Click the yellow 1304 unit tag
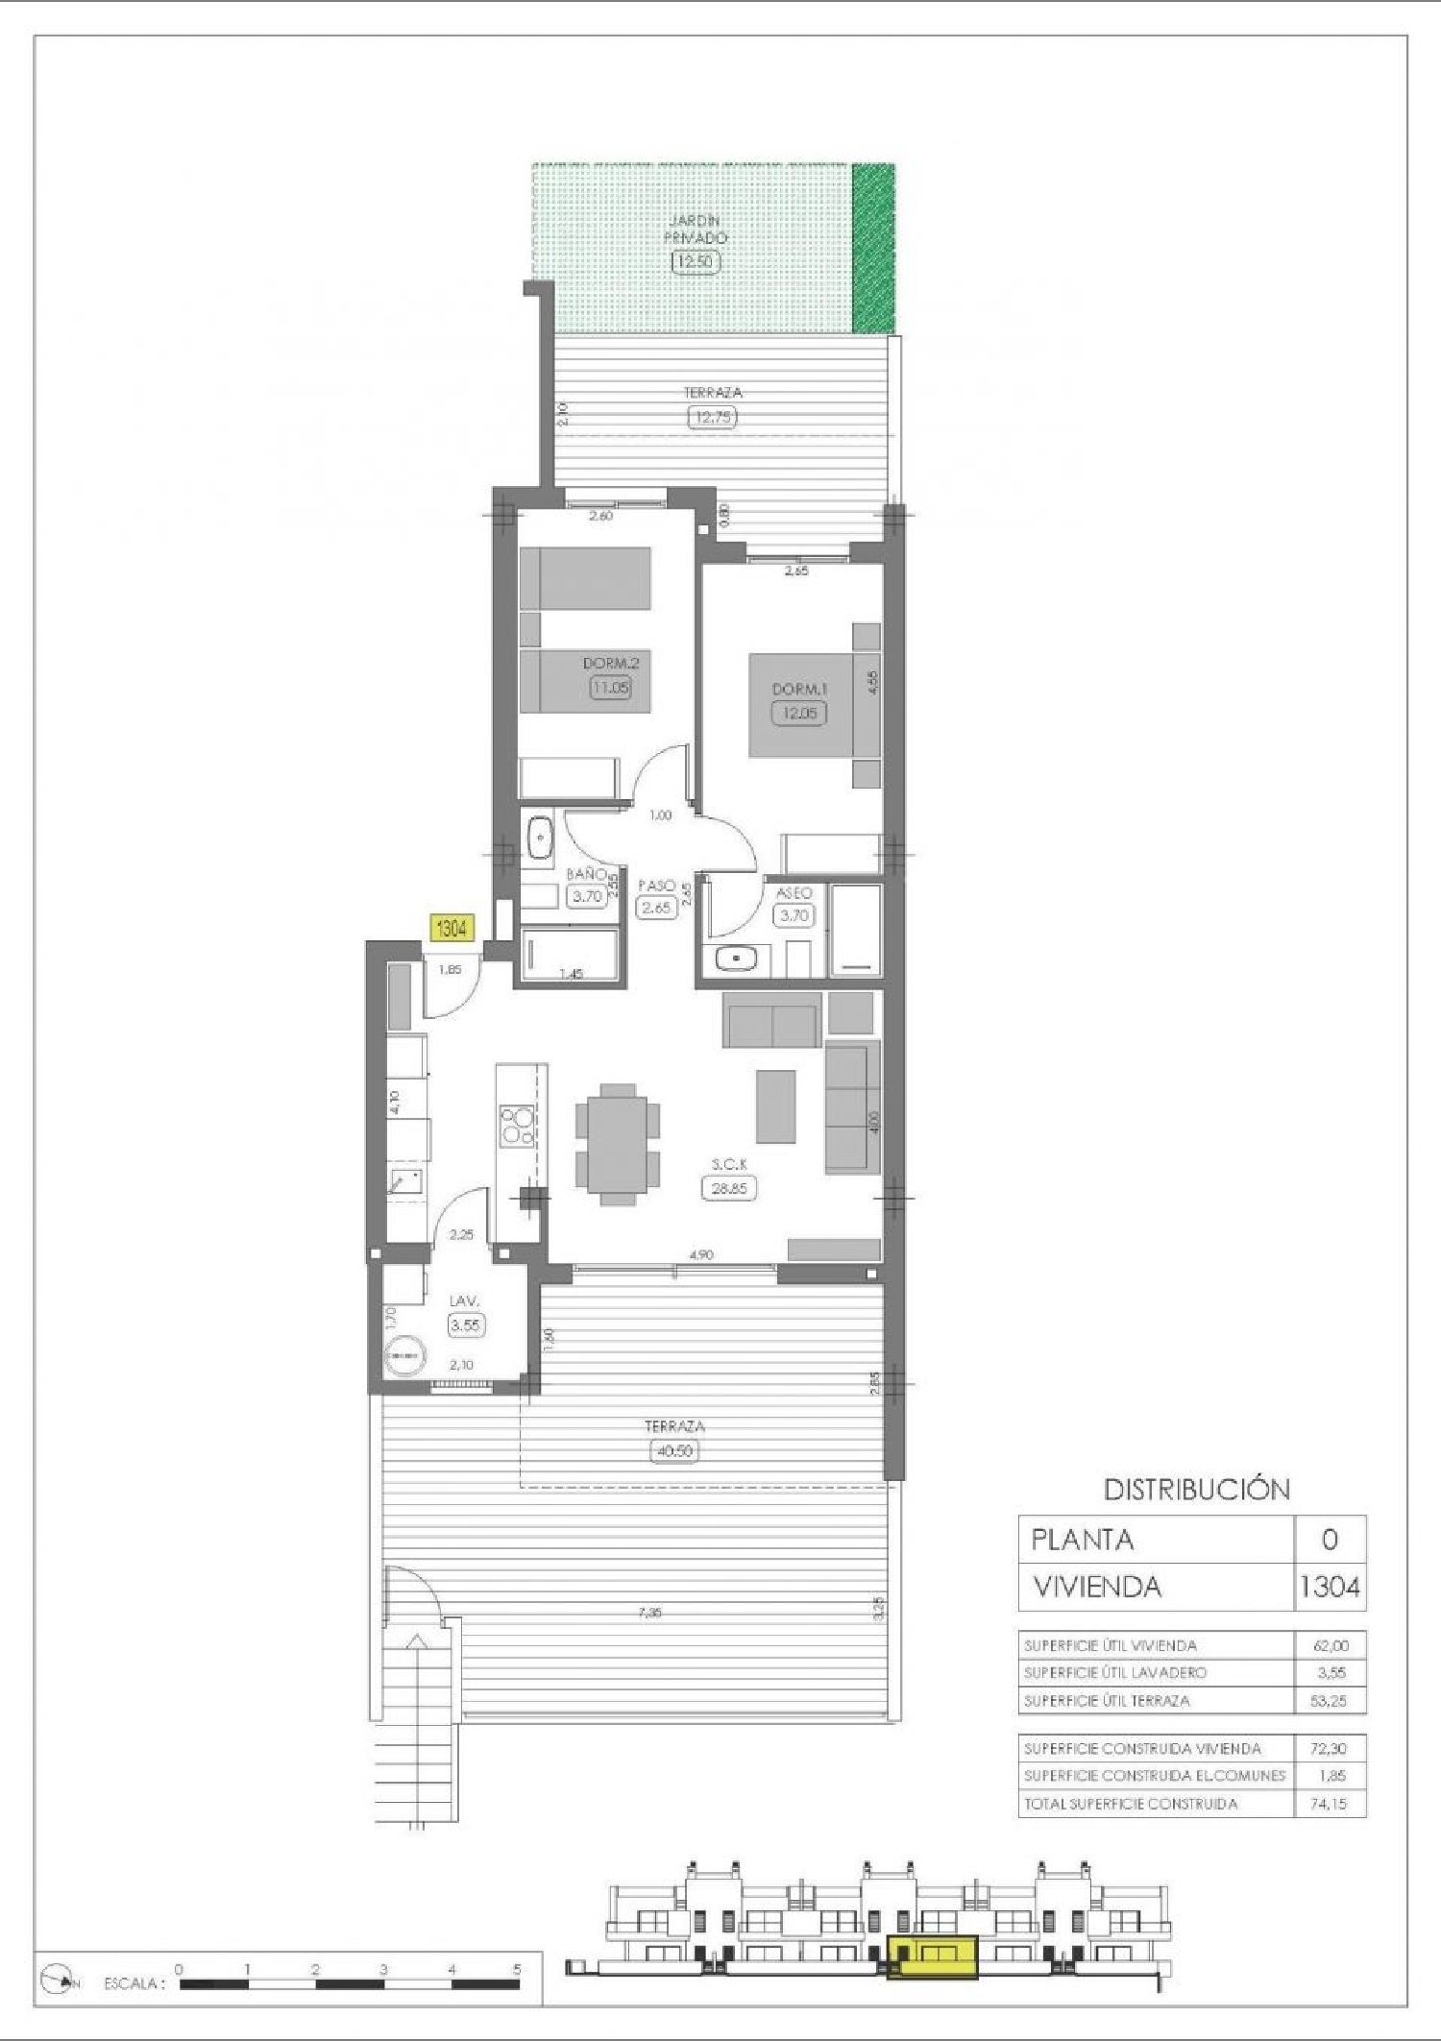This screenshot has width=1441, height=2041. tap(452, 928)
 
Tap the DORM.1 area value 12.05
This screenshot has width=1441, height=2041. tap(799, 713)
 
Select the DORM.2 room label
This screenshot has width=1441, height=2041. tap(610, 663)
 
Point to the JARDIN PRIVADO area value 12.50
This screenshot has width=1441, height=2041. tap(696, 260)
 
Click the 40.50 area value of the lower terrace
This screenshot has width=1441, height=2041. tap(674, 1451)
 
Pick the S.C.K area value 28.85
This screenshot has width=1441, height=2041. tap(729, 1188)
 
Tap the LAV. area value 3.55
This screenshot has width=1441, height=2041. tap(466, 1324)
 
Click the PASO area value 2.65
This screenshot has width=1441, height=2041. tap(656, 907)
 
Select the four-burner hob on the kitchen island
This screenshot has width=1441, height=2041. tap(517, 1126)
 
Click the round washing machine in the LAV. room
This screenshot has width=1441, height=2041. tap(403, 1354)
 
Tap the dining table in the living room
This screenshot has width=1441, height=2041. tap(618, 1144)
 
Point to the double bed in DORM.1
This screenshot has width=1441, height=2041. tap(803, 705)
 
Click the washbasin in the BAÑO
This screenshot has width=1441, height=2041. tap(539, 838)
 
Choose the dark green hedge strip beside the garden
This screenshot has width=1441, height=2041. tap(873, 248)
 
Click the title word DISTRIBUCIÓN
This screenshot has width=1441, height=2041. tap(1196, 1490)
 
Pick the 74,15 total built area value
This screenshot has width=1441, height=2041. tap(1329, 1804)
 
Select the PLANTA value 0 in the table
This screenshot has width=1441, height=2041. tap(1330, 1540)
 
